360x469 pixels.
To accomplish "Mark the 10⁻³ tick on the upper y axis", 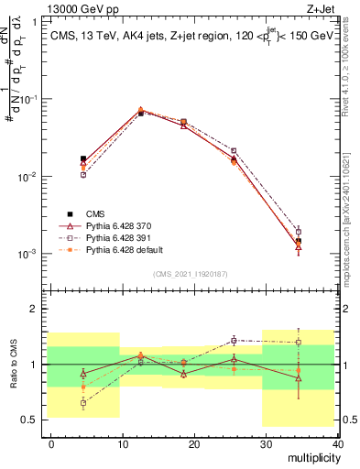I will (28, 254).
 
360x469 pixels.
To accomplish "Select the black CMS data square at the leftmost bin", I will (83, 158).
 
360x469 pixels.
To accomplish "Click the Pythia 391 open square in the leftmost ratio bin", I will (83, 402).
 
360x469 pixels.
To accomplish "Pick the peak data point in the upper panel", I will (140, 111).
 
